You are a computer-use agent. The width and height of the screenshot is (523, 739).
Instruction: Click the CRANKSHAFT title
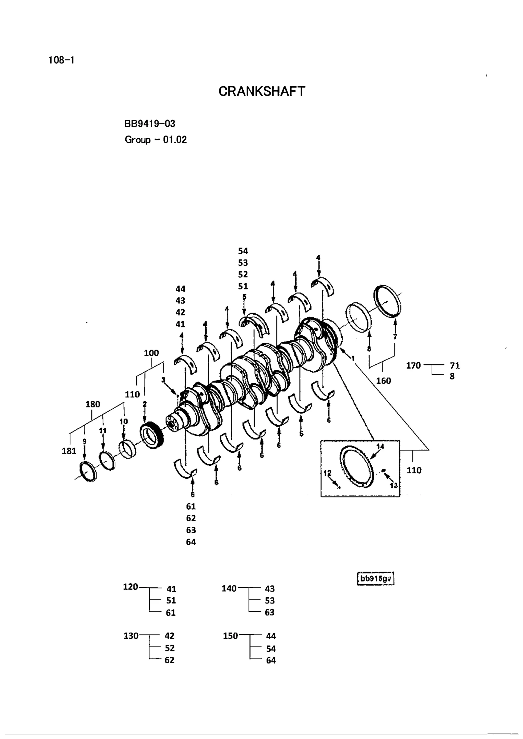tap(261, 91)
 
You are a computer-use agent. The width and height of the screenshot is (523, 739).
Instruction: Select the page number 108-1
tap(61, 60)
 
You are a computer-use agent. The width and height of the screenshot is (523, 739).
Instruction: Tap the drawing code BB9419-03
tap(150, 124)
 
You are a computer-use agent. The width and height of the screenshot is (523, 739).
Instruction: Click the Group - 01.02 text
tap(156, 140)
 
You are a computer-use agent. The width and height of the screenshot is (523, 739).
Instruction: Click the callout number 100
tap(151, 353)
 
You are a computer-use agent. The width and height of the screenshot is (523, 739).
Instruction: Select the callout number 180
tap(93, 404)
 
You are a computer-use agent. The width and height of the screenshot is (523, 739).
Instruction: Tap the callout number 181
tap(69, 451)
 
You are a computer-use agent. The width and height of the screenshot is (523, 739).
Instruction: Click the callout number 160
tap(383, 381)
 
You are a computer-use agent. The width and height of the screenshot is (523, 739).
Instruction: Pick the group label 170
tap(413, 366)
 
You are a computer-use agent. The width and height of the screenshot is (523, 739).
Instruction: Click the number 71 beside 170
tap(455, 366)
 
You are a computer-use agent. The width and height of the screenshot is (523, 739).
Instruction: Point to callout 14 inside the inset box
tap(380, 446)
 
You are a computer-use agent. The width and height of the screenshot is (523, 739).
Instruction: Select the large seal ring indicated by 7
tap(389, 301)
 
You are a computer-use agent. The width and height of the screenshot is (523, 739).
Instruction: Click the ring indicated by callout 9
tap(88, 472)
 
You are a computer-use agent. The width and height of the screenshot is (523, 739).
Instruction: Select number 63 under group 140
tap(270, 612)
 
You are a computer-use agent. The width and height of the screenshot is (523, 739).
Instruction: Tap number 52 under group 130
tap(169, 648)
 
